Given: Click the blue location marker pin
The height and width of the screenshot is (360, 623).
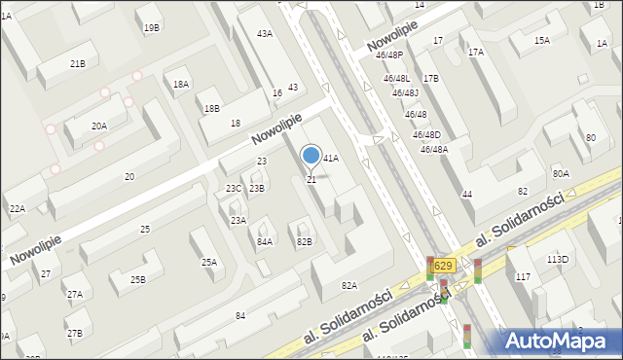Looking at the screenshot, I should (311, 156).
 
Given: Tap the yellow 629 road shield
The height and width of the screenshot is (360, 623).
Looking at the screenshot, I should (443, 266).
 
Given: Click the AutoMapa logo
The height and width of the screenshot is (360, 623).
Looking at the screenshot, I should (562, 341).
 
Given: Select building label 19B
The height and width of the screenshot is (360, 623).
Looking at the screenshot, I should (152, 28).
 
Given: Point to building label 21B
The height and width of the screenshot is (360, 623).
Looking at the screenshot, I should (78, 63).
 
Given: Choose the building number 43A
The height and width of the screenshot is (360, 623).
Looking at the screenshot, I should (264, 34).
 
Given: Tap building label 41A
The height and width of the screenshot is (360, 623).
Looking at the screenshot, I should (331, 158).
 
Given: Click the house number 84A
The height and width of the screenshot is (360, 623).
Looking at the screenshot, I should (265, 241).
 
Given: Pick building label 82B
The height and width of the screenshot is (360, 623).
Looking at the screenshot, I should (305, 241).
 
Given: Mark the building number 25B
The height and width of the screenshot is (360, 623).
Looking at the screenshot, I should (138, 280).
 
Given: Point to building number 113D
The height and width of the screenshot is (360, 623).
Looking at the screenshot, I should (558, 260).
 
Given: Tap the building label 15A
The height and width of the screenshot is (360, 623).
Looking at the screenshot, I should (542, 41).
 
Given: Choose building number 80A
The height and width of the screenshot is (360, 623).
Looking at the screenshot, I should (561, 174).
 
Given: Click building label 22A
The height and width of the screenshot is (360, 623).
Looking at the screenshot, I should (17, 209).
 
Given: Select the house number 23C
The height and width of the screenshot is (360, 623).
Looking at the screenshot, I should (234, 189).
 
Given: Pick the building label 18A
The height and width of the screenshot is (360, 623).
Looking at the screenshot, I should (181, 85).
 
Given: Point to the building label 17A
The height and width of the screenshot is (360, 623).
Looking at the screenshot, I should (476, 53).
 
